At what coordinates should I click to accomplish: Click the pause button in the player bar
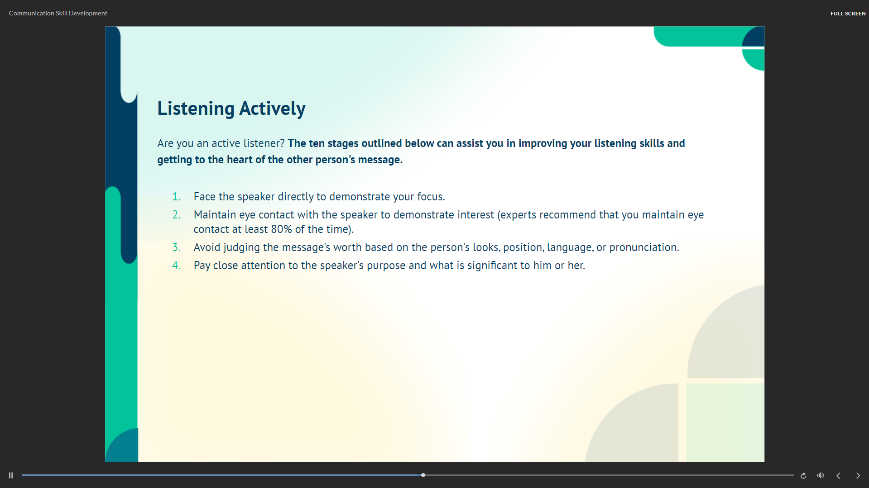pos(11,475)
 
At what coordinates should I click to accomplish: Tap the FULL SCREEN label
pos(848,14)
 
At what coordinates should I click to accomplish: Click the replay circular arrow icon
pos(803,475)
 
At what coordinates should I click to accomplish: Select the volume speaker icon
pos(820,475)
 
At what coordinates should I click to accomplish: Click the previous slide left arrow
pos(838,475)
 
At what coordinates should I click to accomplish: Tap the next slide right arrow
pos(858,475)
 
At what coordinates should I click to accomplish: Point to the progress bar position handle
pos(423,475)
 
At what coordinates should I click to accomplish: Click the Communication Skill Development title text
pos(58,13)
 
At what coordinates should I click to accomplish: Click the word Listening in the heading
pos(196,109)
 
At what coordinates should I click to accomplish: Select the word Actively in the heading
pos(272,109)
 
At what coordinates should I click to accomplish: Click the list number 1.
pos(176,197)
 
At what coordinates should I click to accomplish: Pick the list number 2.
pos(176,215)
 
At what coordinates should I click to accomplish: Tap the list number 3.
pos(176,247)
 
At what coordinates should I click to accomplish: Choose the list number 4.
pos(176,265)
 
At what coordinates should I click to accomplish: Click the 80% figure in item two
pos(281,229)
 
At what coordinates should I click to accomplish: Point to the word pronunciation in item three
pos(644,247)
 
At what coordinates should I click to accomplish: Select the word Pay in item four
pos(202,265)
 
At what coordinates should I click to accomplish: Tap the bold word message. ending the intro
pos(380,160)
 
